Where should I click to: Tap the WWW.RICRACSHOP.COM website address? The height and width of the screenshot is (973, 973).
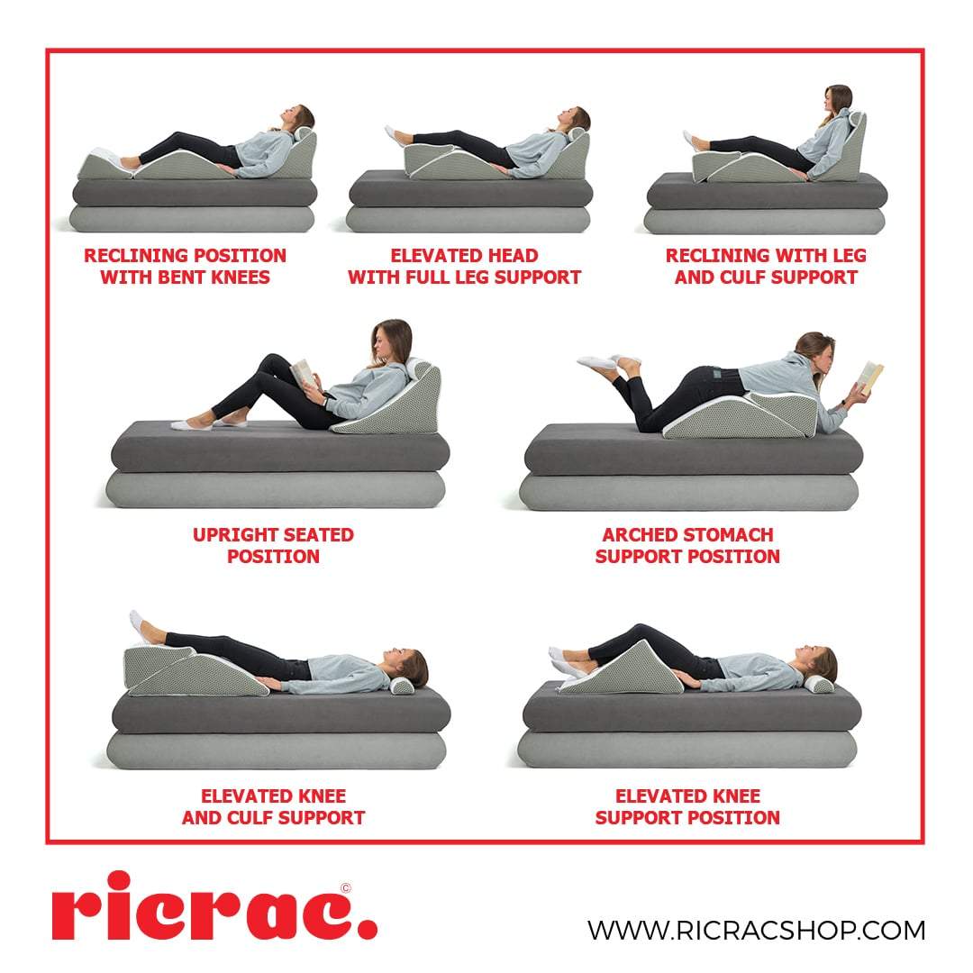coord(756,929)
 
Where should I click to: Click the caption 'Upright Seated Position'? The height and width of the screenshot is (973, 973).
coord(273,545)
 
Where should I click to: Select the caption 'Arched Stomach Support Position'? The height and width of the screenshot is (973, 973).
coord(687,545)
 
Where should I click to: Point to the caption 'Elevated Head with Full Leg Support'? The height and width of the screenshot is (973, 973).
coord(464,266)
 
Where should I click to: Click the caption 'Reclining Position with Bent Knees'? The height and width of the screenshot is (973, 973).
coord(185,266)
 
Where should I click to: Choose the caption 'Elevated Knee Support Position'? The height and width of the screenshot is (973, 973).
coord(687,806)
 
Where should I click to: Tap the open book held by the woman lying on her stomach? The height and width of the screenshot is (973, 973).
coord(870,375)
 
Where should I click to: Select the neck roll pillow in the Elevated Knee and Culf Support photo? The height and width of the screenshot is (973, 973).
coord(402,686)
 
